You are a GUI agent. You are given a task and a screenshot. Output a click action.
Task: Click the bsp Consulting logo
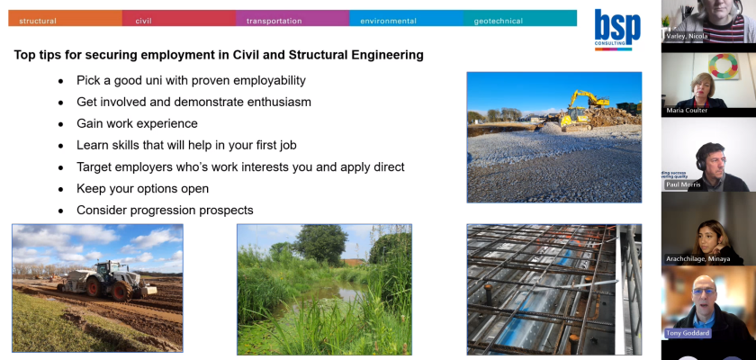pos(617,30)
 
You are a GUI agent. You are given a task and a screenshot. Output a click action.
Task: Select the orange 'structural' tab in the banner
pos(65,18)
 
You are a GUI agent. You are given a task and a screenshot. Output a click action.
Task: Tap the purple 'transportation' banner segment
pos(292,18)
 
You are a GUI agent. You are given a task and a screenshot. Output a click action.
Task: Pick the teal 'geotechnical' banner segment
pos(520,18)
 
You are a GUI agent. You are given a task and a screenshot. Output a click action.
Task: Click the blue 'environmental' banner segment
pos(407,18)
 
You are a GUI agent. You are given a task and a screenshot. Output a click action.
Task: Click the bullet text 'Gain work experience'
pos(137,123)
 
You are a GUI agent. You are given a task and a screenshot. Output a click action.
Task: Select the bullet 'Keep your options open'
pos(143,188)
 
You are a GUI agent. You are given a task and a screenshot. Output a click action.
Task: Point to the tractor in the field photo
pos(107,281)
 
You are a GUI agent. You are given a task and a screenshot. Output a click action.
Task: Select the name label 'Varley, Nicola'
pos(687,36)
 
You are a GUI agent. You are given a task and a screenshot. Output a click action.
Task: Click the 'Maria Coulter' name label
pos(687,111)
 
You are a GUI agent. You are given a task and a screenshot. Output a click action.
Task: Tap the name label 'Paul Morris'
pos(684,184)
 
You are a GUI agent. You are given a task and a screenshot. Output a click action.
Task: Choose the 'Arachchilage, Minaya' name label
pos(697,259)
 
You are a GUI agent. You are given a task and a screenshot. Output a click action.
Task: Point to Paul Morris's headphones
pos(699,162)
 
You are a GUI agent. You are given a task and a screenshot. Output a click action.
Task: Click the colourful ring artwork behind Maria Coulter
pos(724,66)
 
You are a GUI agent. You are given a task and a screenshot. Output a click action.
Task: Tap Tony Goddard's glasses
pos(704,292)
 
